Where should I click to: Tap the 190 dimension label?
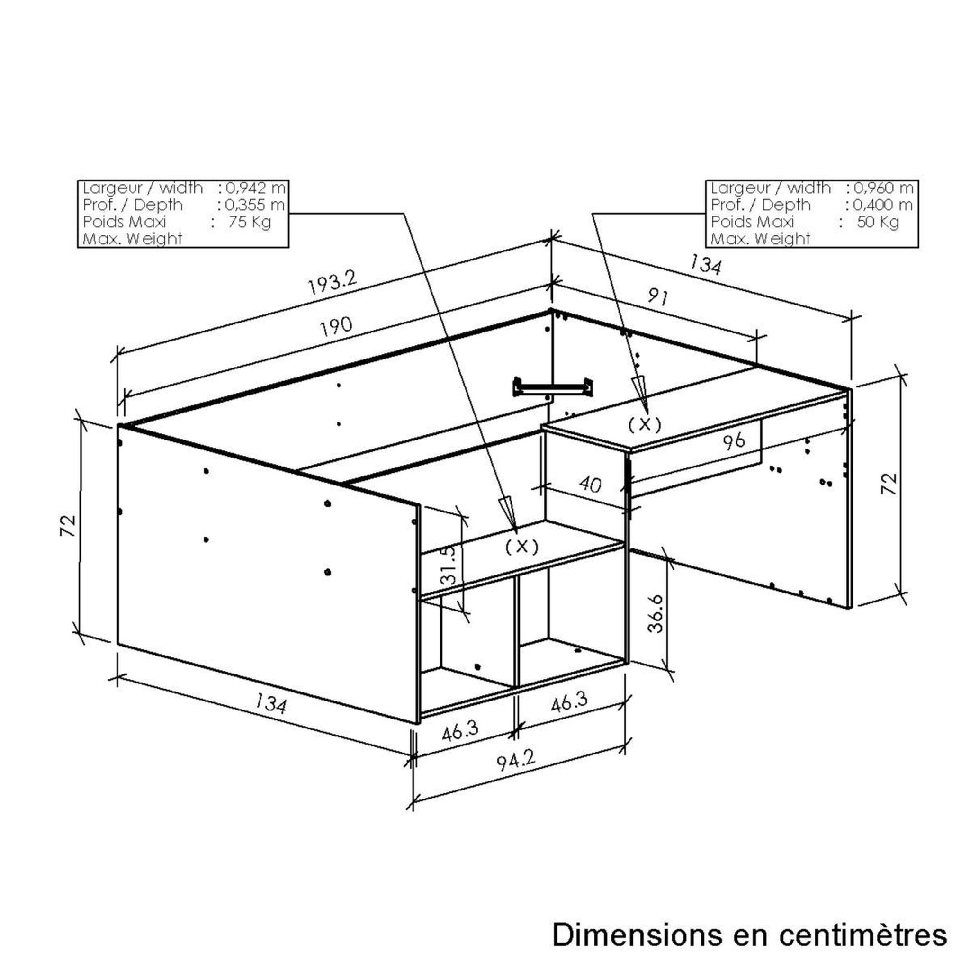click(x=336, y=326)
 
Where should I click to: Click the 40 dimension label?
click(x=590, y=485)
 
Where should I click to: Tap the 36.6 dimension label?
click(x=656, y=613)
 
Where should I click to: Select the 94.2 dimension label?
click(x=516, y=762)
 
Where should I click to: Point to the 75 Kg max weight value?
click(x=250, y=221)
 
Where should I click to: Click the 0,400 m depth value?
click(x=883, y=205)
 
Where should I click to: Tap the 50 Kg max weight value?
click(x=878, y=221)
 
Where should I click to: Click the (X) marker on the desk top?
click(x=645, y=424)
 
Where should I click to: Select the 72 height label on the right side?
click(x=889, y=484)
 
